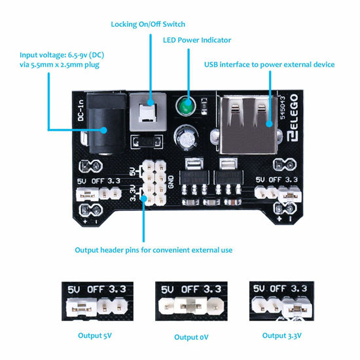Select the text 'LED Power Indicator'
coord(196,41)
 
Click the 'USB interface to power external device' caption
coord(270,64)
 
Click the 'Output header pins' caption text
coord(153,249)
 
